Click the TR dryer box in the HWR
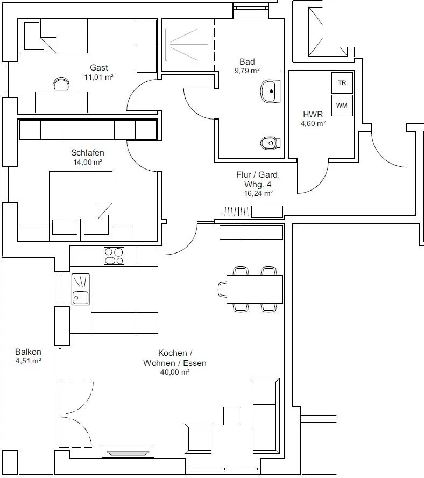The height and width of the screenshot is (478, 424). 342,82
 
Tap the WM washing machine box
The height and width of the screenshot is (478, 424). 342,106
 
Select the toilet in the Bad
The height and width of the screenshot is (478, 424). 270,143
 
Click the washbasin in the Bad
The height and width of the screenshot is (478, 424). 270,91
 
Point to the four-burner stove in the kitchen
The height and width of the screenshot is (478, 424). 114,256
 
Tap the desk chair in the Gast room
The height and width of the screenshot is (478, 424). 61,84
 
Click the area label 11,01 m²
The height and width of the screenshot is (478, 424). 99,77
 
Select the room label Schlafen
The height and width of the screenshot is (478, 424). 88,152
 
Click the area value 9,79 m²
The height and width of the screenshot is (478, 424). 247,71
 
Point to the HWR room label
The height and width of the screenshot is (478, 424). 313,114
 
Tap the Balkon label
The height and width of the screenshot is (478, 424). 28,352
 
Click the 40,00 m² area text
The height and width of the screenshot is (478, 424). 175,372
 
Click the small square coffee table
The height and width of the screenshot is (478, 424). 232,416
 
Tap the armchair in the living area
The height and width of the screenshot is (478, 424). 198,439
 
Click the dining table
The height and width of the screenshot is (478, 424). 255,289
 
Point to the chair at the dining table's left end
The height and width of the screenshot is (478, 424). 223,289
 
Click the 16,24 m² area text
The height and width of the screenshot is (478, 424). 258,193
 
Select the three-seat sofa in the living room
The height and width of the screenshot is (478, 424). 266,416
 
